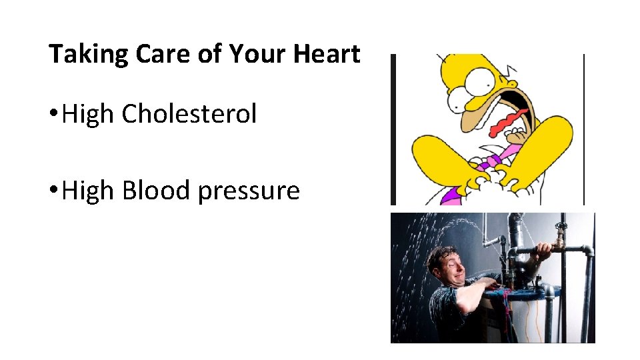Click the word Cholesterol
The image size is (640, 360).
[189, 114]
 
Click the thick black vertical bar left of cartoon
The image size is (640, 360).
[393, 129]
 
